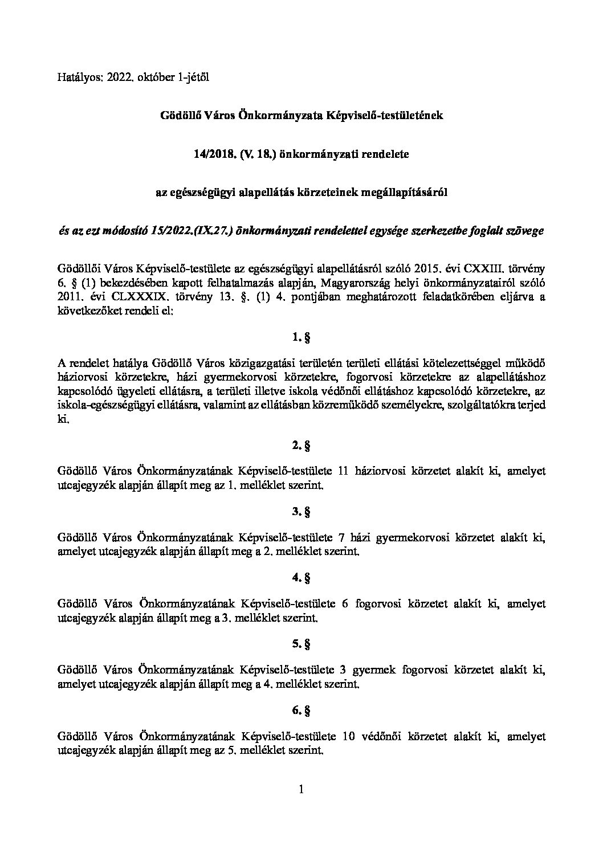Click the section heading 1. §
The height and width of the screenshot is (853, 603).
coord(301,338)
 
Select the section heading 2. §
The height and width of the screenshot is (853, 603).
coord(301,446)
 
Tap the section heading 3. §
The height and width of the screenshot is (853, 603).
coord(301,512)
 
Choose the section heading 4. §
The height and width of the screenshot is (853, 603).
coord(301,578)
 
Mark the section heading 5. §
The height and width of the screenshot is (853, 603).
coord(301,644)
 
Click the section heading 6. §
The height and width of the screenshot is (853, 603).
coord(301,711)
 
